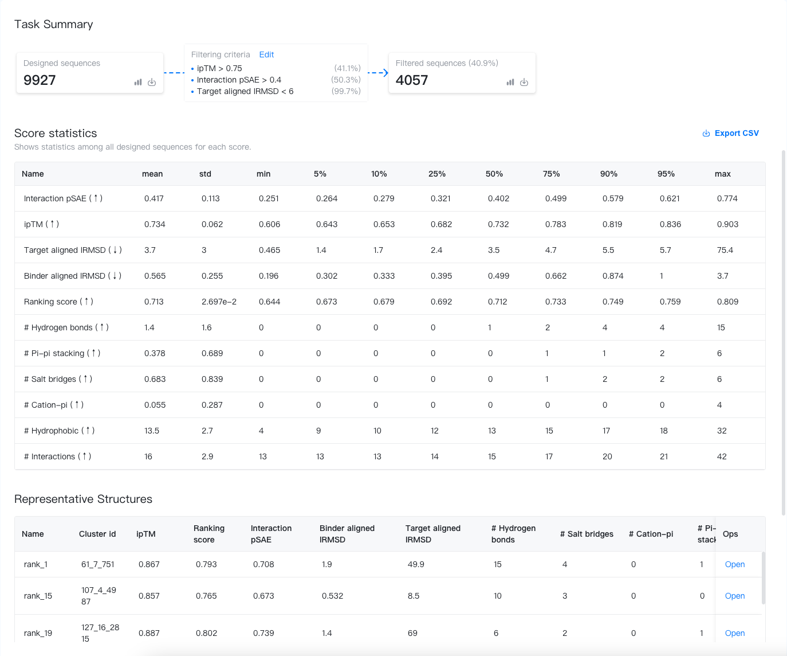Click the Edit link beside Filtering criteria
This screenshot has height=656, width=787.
pyautogui.click(x=266, y=54)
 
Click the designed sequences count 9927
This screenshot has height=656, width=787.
pyautogui.click(x=40, y=80)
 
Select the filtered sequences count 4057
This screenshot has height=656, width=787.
pyautogui.click(x=411, y=80)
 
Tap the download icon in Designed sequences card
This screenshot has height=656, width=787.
pyautogui.click(x=152, y=83)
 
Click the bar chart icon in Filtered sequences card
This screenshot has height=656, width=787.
pyautogui.click(x=510, y=83)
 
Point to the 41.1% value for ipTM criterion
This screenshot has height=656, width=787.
pyautogui.click(x=347, y=68)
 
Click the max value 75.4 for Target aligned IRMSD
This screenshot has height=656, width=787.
pyautogui.click(x=725, y=250)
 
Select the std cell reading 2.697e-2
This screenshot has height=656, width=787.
pyautogui.click(x=219, y=302)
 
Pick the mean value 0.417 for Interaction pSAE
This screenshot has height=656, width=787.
pyautogui.click(x=154, y=198)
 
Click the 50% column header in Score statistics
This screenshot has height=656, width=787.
pyautogui.click(x=494, y=174)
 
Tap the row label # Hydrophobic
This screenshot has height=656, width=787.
pyautogui.click(x=59, y=431)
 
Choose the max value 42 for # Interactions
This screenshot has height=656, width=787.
pyautogui.click(x=722, y=456)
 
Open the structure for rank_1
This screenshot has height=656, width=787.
pyautogui.click(x=735, y=564)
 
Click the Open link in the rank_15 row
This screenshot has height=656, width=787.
pyautogui.click(x=735, y=596)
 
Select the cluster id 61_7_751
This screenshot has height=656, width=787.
pyautogui.click(x=98, y=564)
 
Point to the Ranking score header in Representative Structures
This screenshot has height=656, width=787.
pyautogui.click(x=208, y=534)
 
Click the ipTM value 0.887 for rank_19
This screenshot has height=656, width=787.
pyautogui.click(x=149, y=633)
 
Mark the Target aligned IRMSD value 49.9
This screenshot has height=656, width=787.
pyautogui.click(x=416, y=564)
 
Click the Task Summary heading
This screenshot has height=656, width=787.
pyautogui.click(x=53, y=24)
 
